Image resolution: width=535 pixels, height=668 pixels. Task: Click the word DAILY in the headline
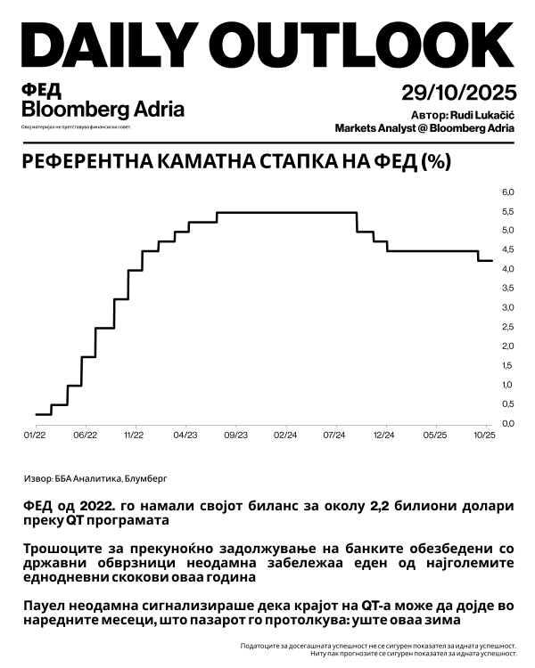click(x=107, y=45)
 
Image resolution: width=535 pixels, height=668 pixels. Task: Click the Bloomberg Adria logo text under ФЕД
click(x=103, y=110)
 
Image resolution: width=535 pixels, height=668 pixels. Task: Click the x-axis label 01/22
click(x=34, y=436)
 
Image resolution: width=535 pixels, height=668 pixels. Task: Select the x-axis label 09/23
click(x=235, y=436)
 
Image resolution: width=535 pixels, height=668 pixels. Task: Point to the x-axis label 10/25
click(x=484, y=436)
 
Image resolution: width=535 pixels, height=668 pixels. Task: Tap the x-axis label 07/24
click(x=334, y=436)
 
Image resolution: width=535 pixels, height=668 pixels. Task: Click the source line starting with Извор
click(x=93, y=477)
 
